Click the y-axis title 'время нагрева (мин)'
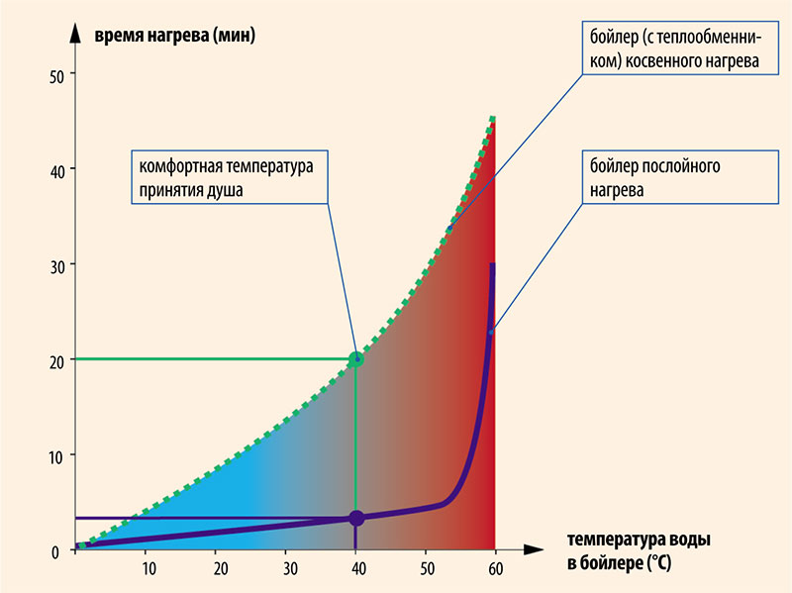point(175,37)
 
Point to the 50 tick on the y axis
point(56,75)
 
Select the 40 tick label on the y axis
point(56,170)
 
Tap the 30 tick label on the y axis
point(56,265)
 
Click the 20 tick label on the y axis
point(56,360)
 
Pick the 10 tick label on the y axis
point(56,455)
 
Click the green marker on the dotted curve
point(356,359)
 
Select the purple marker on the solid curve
point(356,518)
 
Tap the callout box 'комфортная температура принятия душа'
point(227,177)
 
